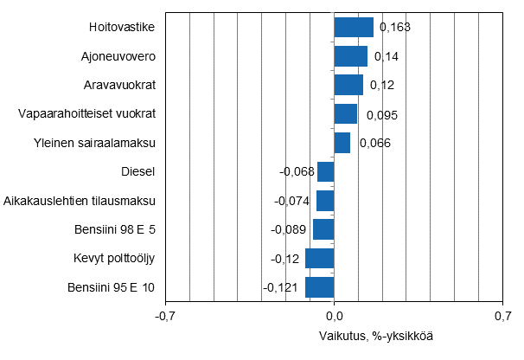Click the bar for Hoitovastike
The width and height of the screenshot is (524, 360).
[x=354, y=28]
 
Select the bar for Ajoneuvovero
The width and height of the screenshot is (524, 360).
[x=351, y=56]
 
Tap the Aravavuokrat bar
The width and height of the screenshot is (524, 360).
[x=348, y=85]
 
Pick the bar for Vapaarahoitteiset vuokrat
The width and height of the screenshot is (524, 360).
[x=346, y=114]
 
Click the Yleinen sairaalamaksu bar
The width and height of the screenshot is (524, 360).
[x=342, y=143]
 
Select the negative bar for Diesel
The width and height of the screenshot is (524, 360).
[x=326, y=171]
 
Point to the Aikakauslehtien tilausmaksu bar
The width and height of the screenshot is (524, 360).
[x=325, y=201]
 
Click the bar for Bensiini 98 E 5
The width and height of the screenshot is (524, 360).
[x=323, y=229]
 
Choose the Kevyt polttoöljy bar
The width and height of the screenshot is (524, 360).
[x=320, y=258]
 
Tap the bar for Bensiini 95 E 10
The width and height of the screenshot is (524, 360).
[x=320, y=287]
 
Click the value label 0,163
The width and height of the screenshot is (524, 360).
[x=393, y=28]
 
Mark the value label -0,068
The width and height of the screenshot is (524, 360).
[x=296, y=172]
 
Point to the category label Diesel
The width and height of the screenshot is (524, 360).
[x=138, y=171]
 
